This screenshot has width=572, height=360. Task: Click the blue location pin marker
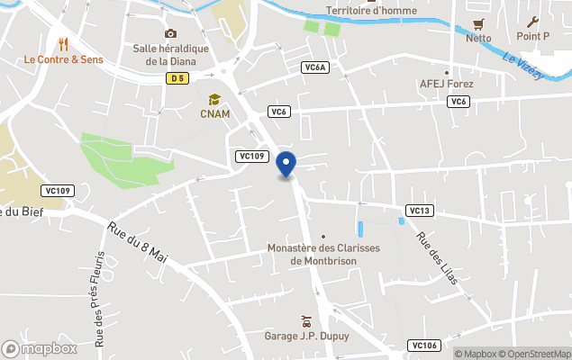(x=286, y=166)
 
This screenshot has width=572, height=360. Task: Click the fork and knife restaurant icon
(x=63, y=43)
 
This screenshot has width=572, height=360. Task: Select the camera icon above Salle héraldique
(x=170, y=34)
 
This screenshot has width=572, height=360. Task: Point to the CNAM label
(x=215, y=114)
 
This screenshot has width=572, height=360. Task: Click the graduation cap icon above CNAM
(x=214, y=100)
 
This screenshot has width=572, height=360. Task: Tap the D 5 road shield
(x=177, y=79)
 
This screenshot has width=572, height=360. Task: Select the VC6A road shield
(x=315, y=67)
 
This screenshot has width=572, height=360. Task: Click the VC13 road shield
(x=421, y=211)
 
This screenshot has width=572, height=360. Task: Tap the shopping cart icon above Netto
(x=478, y=23)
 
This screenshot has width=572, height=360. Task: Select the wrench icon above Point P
(x=532, y=22)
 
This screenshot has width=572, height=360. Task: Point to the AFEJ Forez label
(x=447, y=85)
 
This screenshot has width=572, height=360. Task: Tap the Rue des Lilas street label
(x=437, y=258)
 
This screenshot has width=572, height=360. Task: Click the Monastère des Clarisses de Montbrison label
(x=324, y=255)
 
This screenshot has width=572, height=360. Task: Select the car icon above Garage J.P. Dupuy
(x=306, y=321)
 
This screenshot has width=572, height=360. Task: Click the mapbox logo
(x=40, y=348)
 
